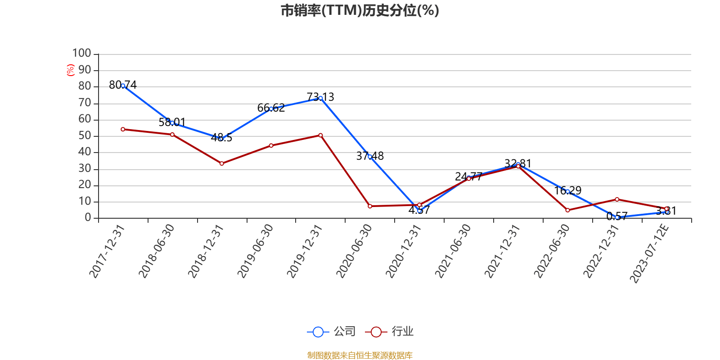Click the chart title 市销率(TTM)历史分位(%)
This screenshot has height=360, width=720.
click(360, 10)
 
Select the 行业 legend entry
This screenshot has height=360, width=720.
click(390, 332)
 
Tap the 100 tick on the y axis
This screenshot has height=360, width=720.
click(82, 54)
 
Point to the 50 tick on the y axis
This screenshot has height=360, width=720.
click(85, 136)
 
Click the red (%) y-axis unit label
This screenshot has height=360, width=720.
click(70, 70)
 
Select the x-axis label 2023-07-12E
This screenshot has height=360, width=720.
click(649, 253)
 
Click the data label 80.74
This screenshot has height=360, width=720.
click(123, 85)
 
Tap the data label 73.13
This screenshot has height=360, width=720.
click(320, 97)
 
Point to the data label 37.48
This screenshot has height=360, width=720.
click(370, 156)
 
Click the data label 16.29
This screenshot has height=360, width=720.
click(567, 191)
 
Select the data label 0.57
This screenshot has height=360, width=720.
click(616, 216)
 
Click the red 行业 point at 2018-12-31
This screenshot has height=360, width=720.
click(221, 163)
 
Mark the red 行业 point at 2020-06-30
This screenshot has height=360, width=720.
click(370, 206)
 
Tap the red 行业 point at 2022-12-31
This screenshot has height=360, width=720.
click(617, 199)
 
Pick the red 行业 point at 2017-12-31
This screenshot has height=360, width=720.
click(123, 129)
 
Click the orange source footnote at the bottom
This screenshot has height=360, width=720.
click(360, 355)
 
